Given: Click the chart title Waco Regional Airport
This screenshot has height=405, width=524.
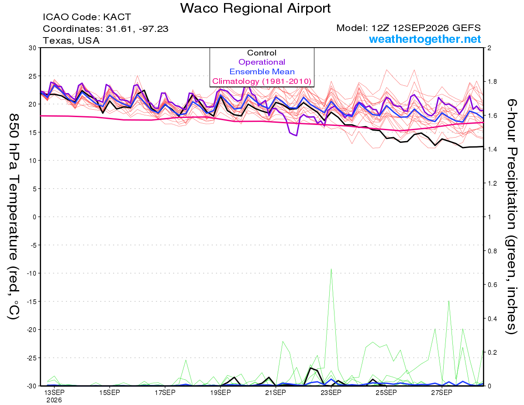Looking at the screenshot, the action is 255,8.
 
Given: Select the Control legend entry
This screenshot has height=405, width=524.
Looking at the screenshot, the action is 262,53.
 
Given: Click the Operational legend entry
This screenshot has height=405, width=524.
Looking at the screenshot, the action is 262,62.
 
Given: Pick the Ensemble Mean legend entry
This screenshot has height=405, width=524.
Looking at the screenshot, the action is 262,72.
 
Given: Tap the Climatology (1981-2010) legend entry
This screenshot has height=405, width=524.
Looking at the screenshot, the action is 262,81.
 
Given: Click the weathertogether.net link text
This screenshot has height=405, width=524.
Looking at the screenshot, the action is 425,39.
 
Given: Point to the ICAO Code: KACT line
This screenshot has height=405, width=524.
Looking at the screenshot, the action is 87,17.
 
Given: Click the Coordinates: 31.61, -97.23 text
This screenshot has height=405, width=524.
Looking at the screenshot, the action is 105,29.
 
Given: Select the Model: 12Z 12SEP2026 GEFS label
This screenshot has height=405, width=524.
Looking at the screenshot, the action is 408,28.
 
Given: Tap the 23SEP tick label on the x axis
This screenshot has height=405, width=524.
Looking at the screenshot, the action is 331,393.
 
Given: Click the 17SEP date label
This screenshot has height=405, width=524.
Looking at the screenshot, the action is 165,393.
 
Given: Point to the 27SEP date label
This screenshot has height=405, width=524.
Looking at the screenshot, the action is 441,393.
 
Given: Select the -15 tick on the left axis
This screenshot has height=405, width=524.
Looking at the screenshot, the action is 31,301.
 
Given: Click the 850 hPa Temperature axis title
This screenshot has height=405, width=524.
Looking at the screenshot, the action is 14,217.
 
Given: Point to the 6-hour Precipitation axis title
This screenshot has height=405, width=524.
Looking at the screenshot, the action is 511,216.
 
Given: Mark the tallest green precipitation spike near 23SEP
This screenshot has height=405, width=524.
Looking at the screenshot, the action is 331,269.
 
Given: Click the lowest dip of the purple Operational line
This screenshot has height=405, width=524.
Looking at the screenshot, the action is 296,135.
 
